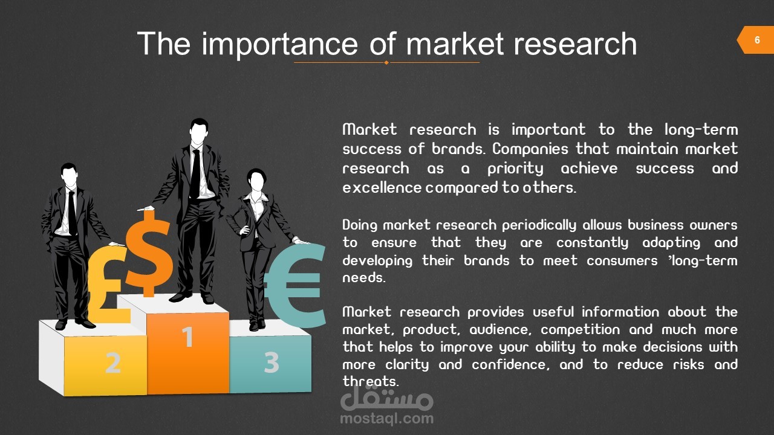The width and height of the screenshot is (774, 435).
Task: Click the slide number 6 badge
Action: click(756, 40)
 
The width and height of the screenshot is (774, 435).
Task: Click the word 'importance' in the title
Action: click(279, 44)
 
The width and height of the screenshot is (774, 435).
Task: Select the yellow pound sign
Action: click(108, 284)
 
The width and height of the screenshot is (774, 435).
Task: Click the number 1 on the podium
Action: click(187, 337)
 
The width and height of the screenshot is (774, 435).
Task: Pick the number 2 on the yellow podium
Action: click(113, 362)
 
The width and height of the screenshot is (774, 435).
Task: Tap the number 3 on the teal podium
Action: click(272, 362)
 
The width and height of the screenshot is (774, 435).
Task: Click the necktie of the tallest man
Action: click(195, 174)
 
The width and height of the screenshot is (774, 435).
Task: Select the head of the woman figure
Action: click(256, 179)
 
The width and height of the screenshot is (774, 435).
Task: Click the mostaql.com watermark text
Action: click(386, 419)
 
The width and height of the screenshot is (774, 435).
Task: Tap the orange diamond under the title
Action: click(386, 62)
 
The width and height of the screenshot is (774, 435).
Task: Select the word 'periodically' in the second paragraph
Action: click(539, 225)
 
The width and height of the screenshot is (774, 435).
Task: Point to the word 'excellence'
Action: click(382, 188)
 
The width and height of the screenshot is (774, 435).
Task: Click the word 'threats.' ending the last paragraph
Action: click(371, 381)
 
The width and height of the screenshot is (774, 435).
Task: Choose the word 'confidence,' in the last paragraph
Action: click(510, 364)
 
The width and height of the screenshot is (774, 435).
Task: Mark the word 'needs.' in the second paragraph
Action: click(363, 277)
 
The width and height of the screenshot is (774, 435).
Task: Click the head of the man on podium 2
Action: click(69, 175)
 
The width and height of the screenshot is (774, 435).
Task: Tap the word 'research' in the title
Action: click(575, 44)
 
